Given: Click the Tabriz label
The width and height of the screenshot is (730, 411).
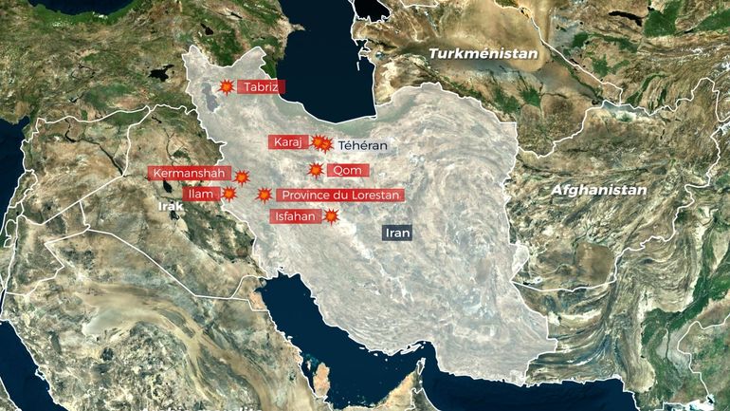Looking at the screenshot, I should coord(261,87).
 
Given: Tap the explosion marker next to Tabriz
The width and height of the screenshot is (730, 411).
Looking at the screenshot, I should coord(227,87).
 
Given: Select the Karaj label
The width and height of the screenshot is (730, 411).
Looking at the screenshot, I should coord(287,142).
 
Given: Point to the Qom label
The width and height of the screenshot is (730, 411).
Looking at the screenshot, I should coord(347,171).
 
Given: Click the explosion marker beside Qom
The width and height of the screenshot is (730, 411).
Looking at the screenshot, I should coord(316,171).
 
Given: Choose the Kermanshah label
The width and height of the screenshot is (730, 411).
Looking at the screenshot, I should coord(190,174).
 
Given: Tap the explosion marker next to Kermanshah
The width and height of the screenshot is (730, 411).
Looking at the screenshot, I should coord(242,177).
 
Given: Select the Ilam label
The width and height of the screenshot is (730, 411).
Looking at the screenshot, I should coord(201,195).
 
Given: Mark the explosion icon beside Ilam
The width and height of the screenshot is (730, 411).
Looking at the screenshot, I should coord(228,195).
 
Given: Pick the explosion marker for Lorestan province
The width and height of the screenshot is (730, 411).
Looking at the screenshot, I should coord(265,195).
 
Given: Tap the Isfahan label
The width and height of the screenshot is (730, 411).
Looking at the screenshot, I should coord(293,216).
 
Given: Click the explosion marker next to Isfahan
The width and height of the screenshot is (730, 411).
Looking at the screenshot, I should coord(331,216).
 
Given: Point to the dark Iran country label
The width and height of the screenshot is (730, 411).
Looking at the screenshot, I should coord(396,232).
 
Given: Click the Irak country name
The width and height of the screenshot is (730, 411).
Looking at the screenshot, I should coord(171,205).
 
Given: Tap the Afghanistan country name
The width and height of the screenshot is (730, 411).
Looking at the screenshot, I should coord(598,190).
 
